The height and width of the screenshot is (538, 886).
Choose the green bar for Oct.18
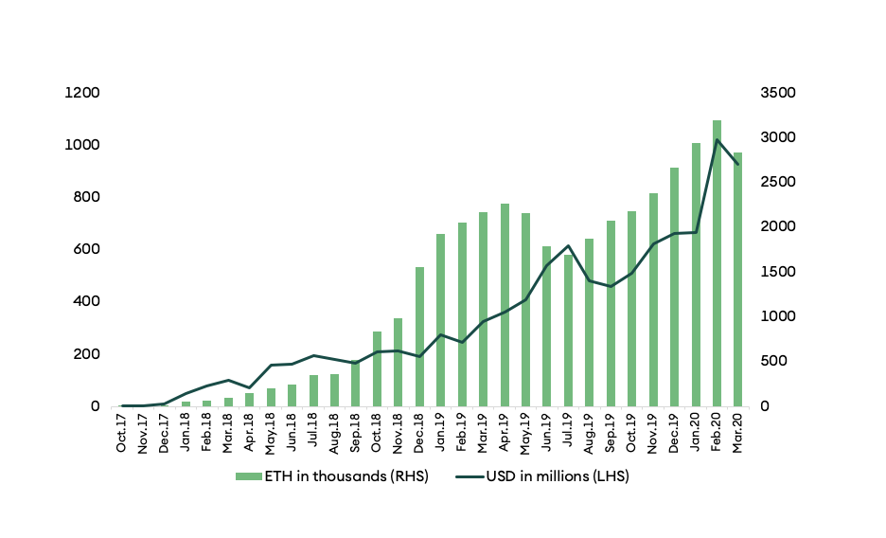tap(377, 368)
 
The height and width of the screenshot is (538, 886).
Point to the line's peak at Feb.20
tap(717, 140)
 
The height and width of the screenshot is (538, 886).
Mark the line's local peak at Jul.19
tap(568, 245)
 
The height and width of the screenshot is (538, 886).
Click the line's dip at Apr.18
tap(250, 387)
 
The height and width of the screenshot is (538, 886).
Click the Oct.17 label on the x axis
tap(122, 433)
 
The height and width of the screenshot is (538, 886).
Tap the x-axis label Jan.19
tap(440, 433)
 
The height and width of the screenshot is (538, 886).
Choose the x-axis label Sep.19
tap(611, 433)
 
